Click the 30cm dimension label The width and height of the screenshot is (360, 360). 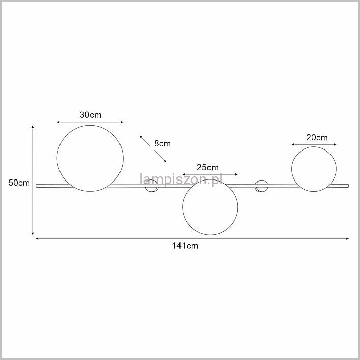click(x=91, y=115)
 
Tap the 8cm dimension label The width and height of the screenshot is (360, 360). click(x=162, y=144)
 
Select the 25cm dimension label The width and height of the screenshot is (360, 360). click(x=207, y=168)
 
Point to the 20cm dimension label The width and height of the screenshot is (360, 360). click(x=317, y=137)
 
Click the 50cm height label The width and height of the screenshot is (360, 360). click(x=19, y=183)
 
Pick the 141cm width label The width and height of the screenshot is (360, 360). click(x=185, y=246)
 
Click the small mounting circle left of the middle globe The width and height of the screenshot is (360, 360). click(x=145, y=186)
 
